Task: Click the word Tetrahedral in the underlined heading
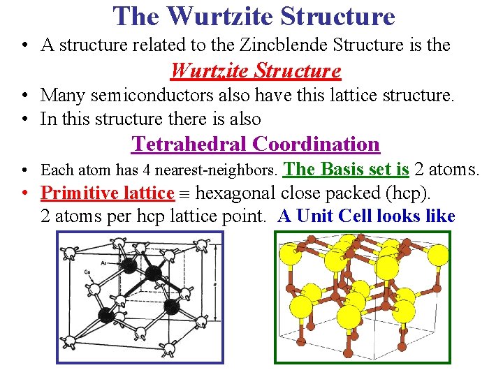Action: pyautogui.click(x=189, y=144)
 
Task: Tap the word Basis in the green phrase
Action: pyautogui.click(x=344, y=169)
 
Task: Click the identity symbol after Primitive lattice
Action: pyautogui.click(x=186, y=193)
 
